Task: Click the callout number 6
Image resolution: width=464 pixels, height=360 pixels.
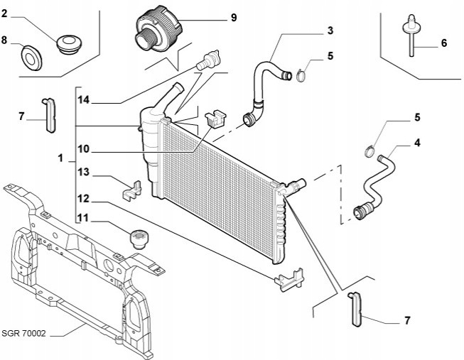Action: pyautogui.click(x=443, y=43)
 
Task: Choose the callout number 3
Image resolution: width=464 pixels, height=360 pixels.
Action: pyautogui.click(x=330, y=31)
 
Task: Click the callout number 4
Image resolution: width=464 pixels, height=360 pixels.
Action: pyautogui.click(x=417, y=143)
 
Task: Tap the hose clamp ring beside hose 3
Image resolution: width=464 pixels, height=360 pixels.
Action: pyautogui.click(x=301, y=72)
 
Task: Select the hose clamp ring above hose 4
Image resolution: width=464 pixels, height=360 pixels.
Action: pyautogui.click(x=369, y=150)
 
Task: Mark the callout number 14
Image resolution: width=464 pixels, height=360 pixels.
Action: pyautogui.click(x=84, y=100)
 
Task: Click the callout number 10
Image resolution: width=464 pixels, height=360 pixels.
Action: pyautogui.click(x=84, y=149)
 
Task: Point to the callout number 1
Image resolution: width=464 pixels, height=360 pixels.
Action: pyautogui.click(x=61, y=156)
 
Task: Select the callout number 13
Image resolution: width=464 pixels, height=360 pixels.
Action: pyautogui.click(x=84, y=172)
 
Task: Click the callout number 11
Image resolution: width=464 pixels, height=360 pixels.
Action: pyautogui.click(x=84, y=220)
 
